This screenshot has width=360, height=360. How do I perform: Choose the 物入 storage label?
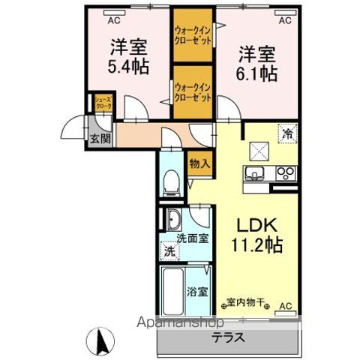point(198,163)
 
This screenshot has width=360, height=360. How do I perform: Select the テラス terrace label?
point(227,337)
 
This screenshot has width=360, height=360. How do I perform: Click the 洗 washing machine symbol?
point(170,251)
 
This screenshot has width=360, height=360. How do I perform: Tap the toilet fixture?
point(169,181)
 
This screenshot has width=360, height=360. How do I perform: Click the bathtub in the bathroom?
point(172,292)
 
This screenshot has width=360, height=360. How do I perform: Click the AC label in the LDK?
point(285,306)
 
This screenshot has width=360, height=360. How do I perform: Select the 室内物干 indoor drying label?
point(247,304)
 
